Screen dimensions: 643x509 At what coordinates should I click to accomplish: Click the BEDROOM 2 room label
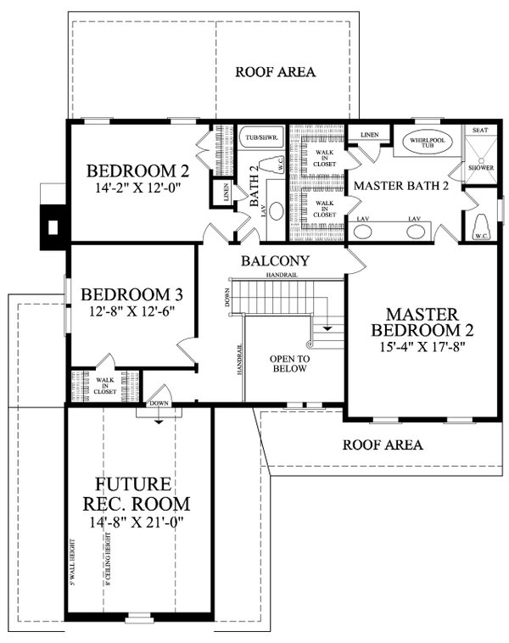136,169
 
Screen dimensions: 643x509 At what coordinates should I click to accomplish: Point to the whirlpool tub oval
426,144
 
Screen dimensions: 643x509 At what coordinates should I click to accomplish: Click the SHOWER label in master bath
482,167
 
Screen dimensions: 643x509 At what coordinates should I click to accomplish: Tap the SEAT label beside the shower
481,130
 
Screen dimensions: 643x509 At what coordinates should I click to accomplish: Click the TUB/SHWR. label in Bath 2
257,136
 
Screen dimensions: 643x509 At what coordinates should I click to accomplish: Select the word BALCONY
274,260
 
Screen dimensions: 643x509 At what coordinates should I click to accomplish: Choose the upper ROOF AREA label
275,72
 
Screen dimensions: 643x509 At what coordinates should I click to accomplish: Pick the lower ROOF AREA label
383,444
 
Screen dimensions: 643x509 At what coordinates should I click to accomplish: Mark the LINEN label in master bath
368,135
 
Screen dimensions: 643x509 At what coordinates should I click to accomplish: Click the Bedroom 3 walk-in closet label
105,386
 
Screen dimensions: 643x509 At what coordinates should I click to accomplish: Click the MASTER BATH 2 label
400,185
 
